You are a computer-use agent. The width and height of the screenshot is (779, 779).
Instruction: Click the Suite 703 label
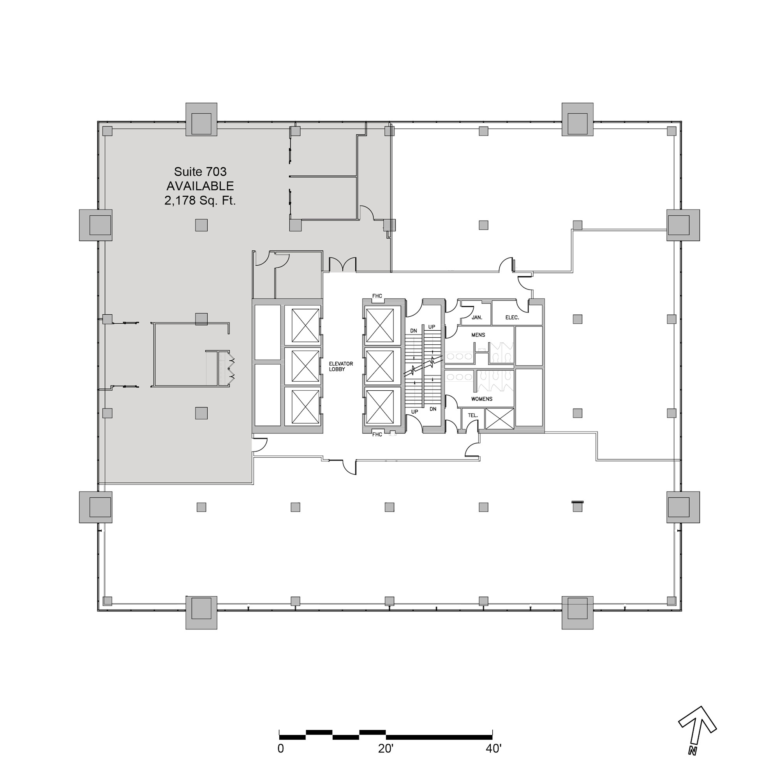coord(200,172)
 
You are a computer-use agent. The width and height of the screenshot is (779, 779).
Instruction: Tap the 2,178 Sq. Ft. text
coord(200,200)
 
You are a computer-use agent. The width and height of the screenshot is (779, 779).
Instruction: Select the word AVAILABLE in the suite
coord(200,186)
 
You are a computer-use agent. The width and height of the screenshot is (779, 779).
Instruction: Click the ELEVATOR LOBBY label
coord(341,367)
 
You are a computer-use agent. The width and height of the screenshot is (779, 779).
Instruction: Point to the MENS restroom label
coord(478,335)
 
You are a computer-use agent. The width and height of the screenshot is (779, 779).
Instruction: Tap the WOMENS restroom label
coord(482,399)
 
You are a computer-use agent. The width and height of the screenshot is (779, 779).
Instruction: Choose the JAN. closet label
coord(477,317)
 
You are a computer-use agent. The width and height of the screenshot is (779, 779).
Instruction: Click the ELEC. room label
coord(512,317)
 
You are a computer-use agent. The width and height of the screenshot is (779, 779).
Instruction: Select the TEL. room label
coord(473,415)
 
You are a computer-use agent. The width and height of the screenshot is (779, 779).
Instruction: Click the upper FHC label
coord(377,296)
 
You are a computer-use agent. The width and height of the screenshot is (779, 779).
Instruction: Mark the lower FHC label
coord(377,434)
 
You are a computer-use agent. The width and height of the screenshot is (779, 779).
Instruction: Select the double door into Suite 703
coord(343,264)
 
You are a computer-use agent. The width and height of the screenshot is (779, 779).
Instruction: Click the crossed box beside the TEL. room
coord(500,419)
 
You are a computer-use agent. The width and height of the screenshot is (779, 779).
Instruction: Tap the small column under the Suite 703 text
coord(201,225)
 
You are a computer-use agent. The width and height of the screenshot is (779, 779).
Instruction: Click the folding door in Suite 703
coord(231,368)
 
